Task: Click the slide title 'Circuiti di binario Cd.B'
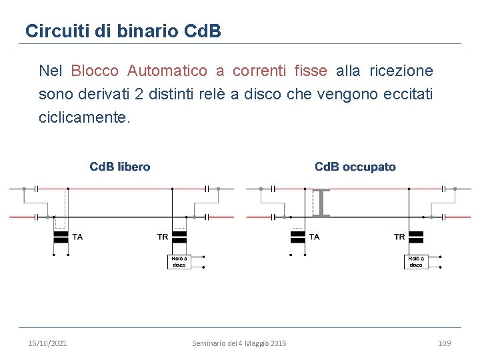coord(123,31)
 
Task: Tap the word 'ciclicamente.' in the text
coord(85,117)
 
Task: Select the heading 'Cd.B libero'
coord(120,167)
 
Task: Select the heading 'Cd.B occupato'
coord(355,167)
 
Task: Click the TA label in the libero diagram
coord(78,237)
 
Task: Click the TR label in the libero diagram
coord(163,237)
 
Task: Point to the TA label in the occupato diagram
coord(314,237)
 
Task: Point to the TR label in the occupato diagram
coord(399,237)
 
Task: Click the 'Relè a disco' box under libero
coord(179,261)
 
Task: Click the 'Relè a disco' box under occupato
coord(416,261)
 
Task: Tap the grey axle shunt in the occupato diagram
coord(322,203)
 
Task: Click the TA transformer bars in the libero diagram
coord(61,237)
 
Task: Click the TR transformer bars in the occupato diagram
coord(417,237)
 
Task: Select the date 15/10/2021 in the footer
coord(47,343)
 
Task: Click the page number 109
coord(445,343)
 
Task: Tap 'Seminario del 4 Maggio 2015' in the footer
coord(239,343)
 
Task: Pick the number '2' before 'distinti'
coord(138,94)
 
